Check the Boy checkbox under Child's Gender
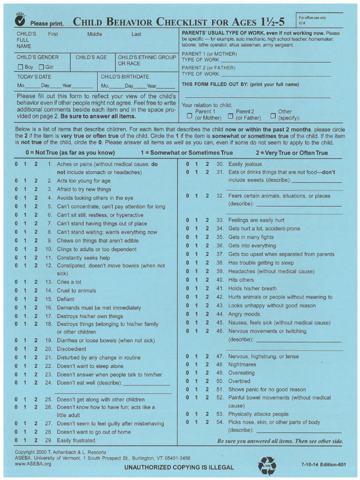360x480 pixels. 20,67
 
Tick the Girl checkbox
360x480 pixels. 41,67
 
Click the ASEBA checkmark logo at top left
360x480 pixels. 20,20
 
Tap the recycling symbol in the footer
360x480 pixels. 267,465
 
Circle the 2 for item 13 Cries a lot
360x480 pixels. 36,282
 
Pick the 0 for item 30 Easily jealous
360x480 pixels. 187,165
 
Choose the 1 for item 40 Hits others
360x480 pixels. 197,280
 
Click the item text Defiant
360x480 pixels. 66,299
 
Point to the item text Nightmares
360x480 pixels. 242,365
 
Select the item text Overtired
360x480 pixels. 239,381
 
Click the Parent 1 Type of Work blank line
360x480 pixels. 275,60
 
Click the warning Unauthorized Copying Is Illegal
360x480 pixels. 179,467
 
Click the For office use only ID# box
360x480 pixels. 319,20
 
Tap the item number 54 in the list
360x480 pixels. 219,422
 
